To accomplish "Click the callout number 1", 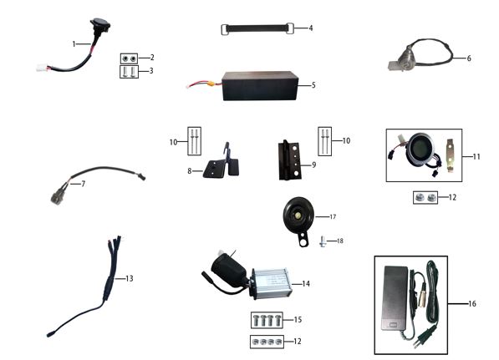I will tap(74, 43).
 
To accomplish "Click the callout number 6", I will tap(469, 58).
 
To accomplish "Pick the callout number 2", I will tap(151, 58).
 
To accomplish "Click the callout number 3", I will tap(151, 72).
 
